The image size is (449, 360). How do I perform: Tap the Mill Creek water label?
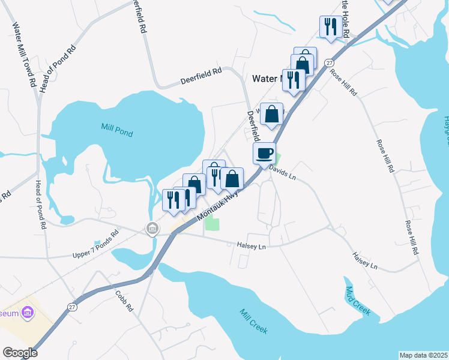click(x=253, y=322)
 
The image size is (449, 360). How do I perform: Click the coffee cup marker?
click(x=265, y=153)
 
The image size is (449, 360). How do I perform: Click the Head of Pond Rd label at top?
click(x=58, y=67)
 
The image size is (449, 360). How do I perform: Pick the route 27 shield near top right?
click(x=330, y=62)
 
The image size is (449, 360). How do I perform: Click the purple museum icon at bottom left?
click(x=27, y=313)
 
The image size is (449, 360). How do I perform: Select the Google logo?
click(x=20, y=353)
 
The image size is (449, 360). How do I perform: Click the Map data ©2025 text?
click(x=423, y=355)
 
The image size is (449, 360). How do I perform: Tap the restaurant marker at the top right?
click(x=331, y=26)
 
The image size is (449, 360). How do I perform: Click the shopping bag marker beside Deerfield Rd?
click(x=271, y=113)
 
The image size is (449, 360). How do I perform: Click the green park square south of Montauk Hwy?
click(x=212, y=224)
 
